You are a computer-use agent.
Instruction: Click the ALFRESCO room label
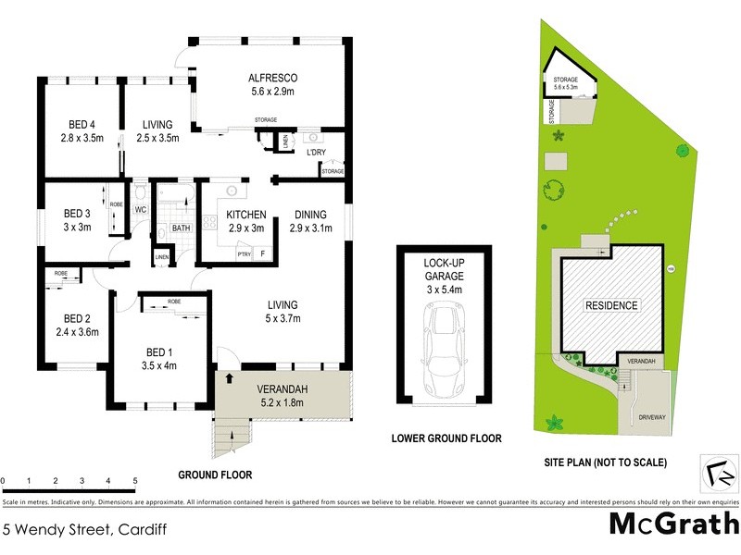point(271,78)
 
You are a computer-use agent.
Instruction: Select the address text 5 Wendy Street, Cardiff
point(76,530)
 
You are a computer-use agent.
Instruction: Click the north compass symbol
point(722,472)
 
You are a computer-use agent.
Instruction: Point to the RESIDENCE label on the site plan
point(611,305)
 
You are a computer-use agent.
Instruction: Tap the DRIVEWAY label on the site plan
point(652,418)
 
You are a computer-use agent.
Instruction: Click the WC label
point(141,210)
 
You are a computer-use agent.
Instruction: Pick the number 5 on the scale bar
point(135,481)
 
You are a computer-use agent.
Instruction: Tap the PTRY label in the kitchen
point(245,253)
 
